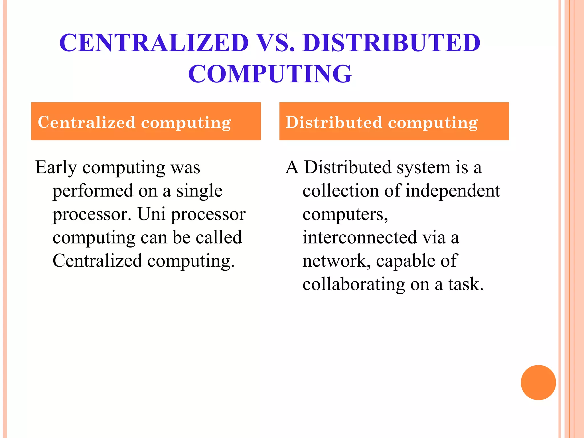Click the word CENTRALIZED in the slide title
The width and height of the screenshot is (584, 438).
point(154,43)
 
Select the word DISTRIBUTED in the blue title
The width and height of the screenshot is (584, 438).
point(392,43)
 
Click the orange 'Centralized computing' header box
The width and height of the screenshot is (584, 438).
point(146,121)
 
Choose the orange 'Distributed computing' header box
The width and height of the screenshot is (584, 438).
point(394,121)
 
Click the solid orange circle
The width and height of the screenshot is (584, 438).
point(538,382)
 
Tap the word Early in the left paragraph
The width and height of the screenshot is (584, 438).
point(56,168)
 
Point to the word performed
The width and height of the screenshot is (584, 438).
point(93,191)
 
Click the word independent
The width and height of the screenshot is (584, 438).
point(453,191)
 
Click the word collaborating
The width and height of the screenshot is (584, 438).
point(354,285)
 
